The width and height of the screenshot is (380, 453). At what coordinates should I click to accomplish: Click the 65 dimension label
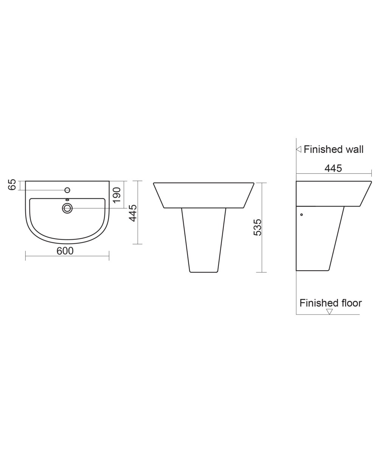point(12,185)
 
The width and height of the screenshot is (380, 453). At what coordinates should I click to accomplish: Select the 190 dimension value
point(117,194)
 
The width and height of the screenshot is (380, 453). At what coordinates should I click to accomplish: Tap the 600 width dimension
point(65,251)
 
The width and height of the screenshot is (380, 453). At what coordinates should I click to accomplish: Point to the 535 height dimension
point(257,227)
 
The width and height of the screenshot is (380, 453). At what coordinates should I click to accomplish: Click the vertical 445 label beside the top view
point(133,213)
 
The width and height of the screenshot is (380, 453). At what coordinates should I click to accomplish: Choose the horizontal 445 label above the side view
point(333,168)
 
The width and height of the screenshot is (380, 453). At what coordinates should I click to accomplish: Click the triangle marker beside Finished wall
point(298,149)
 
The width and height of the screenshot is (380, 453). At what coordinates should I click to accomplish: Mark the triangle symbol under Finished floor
point(329,312)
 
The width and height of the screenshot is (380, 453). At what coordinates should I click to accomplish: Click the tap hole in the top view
point(67,190)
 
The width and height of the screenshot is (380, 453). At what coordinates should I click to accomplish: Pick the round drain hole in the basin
point(67,208)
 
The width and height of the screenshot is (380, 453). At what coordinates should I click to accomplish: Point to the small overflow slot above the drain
point(67,200)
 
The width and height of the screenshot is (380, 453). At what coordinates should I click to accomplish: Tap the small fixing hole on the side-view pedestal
point(301,215)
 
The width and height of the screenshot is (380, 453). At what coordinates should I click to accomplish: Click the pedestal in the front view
point(203,240)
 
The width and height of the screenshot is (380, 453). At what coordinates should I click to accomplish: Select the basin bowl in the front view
point(203,195)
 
